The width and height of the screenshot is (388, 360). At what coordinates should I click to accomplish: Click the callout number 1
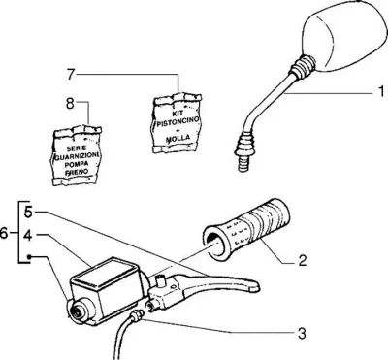(x=380, y=92)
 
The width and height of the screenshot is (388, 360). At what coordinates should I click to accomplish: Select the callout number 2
(x=302, y=260)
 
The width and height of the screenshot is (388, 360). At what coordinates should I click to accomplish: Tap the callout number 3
(x=302, y=334)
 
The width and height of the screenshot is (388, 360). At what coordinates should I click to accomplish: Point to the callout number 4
(x=28, y=236)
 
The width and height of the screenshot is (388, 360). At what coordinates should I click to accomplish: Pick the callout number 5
(x=28, y=213)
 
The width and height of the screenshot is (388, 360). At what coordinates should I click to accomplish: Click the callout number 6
(x=4, y=233)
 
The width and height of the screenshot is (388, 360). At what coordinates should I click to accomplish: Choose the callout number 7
(x=71, y=74)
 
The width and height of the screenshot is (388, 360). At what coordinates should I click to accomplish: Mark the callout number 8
(x=70, y=104)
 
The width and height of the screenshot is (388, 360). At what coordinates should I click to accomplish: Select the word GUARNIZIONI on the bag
(x=77, y=156)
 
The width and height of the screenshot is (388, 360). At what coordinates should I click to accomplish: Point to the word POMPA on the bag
(x=77, y=164)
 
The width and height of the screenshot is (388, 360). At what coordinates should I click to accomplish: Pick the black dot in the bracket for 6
(x=29, y=257)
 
